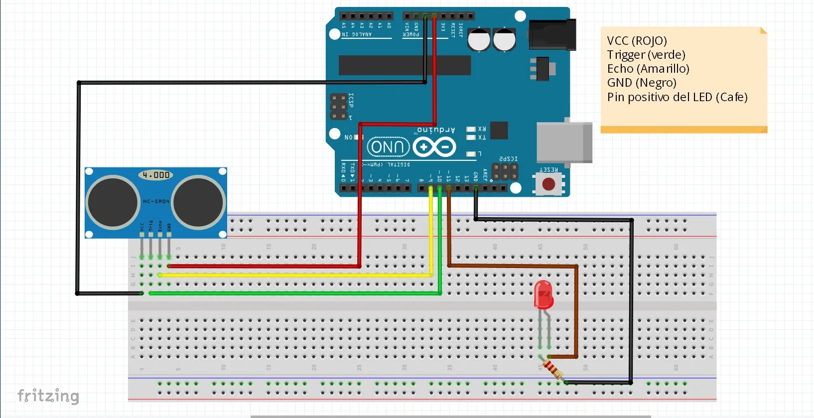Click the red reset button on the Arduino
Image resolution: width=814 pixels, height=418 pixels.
pos(548,184)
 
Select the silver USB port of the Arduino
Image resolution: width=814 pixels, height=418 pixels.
pos(564,142)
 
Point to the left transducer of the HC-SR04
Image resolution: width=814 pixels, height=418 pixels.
pos(113,202)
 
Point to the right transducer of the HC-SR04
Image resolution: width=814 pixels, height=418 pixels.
pos(198,202)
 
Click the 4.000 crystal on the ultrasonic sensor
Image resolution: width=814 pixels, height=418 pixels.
pos(156,175)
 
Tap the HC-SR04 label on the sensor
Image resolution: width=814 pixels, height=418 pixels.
pos(156,201)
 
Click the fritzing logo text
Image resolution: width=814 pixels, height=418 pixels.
pos(48,396)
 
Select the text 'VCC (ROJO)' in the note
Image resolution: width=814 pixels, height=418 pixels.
pos(637,41)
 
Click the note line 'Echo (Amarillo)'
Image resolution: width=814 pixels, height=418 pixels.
pos(648,69)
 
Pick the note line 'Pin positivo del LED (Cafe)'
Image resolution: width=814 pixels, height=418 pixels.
pos(677,97)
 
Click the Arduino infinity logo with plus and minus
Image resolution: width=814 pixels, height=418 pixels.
pos(434,147)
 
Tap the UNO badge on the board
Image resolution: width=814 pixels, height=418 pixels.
pos(388,147)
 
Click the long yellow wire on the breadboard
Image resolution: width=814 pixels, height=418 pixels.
pos(299,275)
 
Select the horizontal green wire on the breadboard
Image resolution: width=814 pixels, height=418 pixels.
pos(299,293)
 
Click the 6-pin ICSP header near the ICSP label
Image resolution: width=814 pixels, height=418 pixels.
pos(339,106)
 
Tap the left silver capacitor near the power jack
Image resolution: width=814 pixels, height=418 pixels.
pos(479,39)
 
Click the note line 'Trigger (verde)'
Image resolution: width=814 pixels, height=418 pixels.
pos(646,55)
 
